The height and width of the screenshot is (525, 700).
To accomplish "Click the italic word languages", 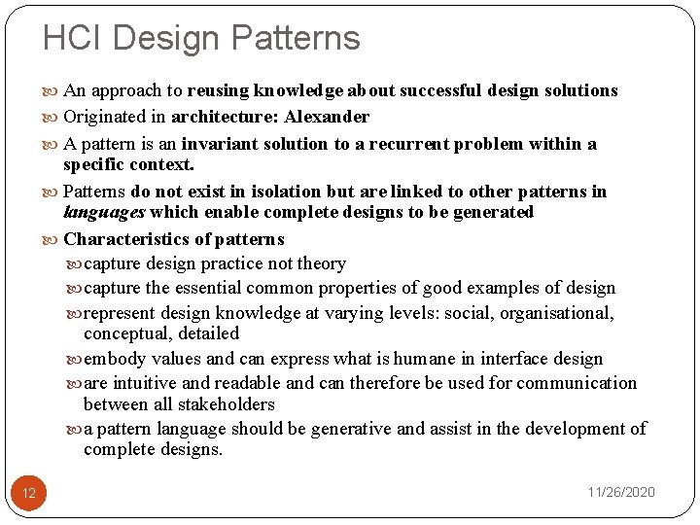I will tap(103, 212).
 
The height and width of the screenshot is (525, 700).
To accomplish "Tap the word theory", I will tap(320, 263).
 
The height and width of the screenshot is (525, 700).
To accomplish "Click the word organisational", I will tap(555, 313).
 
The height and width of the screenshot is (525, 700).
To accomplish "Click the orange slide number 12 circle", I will tap(29, 493).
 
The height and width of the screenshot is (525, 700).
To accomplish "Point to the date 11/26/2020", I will tap(620, 492).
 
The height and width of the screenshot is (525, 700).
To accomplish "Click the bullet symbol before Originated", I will tap(52, 118).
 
